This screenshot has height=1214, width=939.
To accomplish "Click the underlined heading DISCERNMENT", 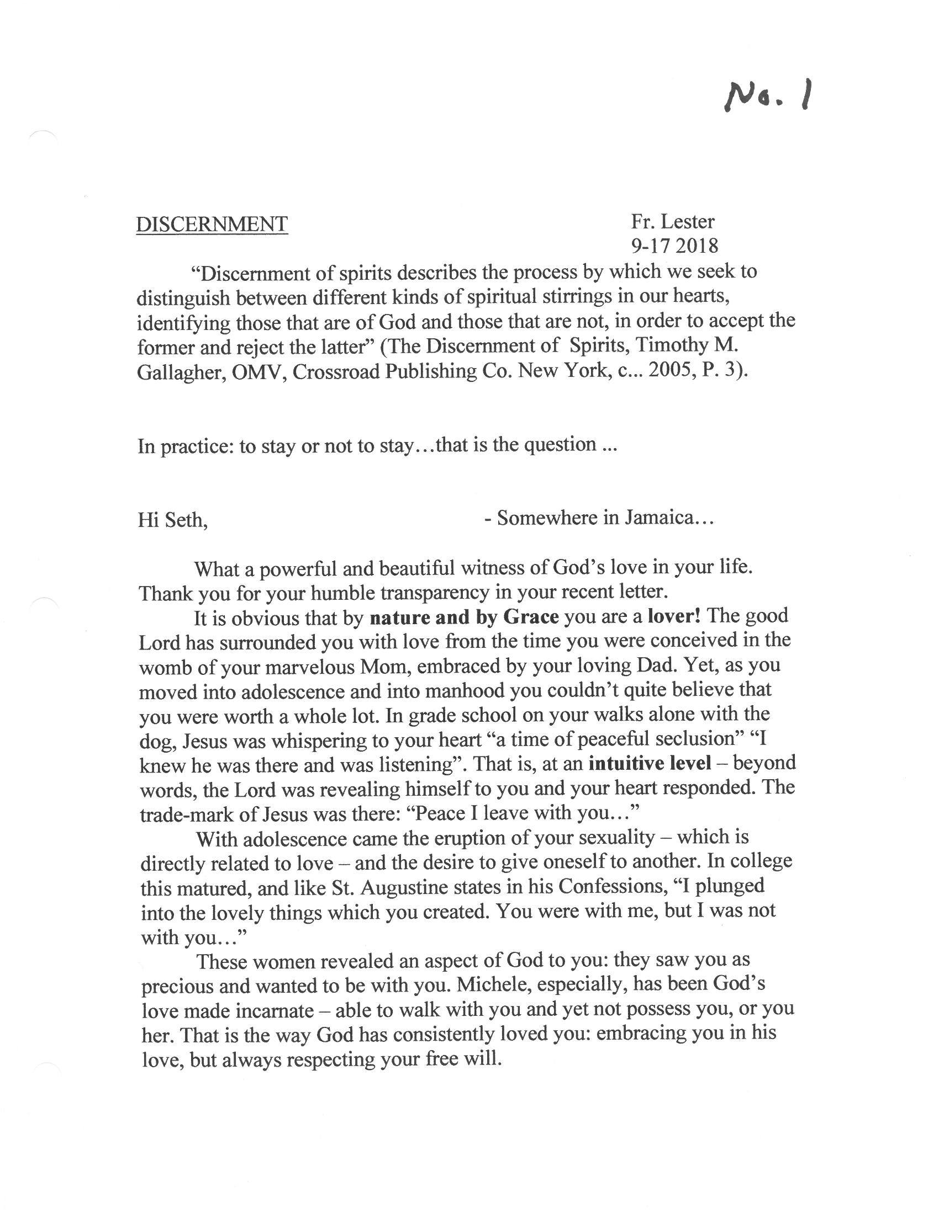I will [212, 224].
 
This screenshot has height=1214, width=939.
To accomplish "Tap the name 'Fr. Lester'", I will [672, 221].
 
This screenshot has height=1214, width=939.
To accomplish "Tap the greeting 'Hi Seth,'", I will [173, 520].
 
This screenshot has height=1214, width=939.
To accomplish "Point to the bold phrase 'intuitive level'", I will [650, 763].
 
